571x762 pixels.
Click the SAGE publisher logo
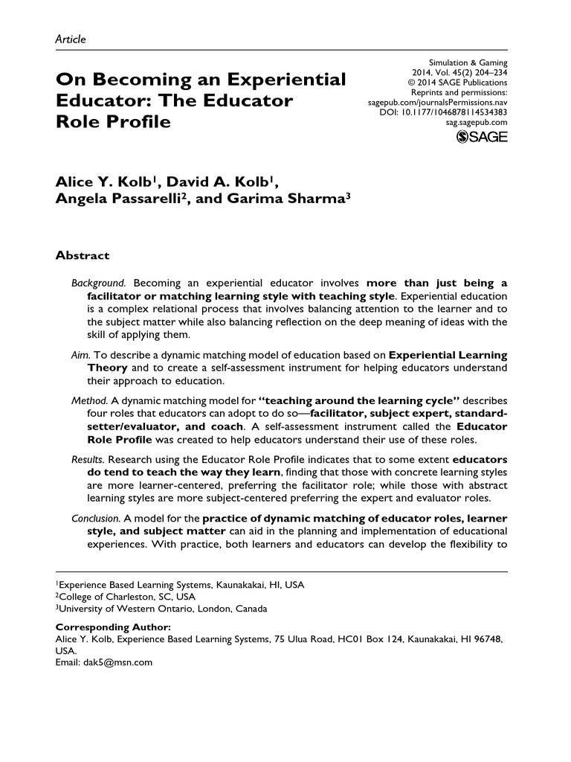[x=481, y=138]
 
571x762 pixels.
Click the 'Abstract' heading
[x=83, y=255]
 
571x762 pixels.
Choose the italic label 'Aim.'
[x=80, y=356]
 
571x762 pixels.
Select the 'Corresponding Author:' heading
[x=114, y=627]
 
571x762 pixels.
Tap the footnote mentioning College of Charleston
[x=126, y=597]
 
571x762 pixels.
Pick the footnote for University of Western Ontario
[x=156, y=608]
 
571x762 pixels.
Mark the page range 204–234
[x=487, y=71]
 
